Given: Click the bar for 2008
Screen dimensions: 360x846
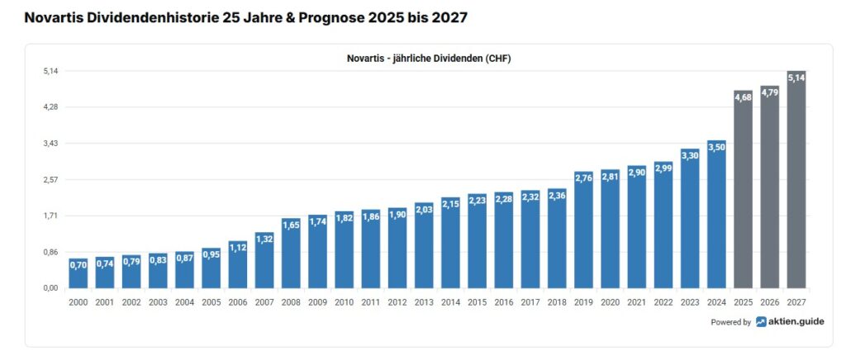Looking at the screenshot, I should tap(291, 253).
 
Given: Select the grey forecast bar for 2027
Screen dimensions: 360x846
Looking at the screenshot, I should tap(796, 182).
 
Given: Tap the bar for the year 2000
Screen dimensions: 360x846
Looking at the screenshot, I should tap(78, 273).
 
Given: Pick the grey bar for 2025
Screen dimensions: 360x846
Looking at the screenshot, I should tap(743, 190).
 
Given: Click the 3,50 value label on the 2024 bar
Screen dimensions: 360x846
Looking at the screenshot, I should tap(716, 147).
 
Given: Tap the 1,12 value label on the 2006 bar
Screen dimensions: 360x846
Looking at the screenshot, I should tap(238, 247).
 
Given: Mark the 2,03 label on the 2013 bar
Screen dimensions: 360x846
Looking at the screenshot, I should tap(424, 209).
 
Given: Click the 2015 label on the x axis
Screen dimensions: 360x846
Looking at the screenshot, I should tap(477, 303).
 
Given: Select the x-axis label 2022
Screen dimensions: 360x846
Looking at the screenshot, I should tap(663, 303).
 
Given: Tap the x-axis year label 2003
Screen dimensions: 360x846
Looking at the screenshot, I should tap(158, 303).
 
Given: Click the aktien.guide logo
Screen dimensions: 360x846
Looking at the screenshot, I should tap(789, 322).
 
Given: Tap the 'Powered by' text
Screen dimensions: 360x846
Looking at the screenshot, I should tap(730, 323).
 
